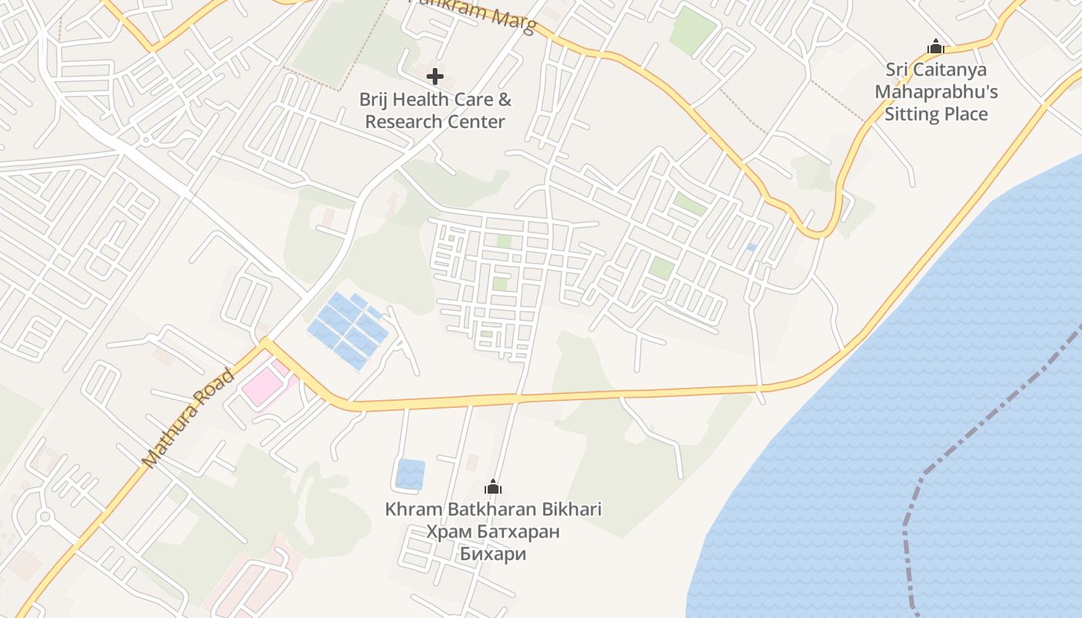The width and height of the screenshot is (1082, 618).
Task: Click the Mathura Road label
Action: click(189, 419)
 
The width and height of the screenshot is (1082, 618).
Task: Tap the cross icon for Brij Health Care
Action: click(435, 76)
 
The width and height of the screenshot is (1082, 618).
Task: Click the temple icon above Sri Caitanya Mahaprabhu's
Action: click(936, 47)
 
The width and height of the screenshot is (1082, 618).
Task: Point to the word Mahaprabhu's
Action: click(936, 92)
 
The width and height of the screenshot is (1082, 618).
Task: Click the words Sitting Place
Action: click(936, 114)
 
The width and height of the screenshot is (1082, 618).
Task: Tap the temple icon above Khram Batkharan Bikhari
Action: click(492, 487)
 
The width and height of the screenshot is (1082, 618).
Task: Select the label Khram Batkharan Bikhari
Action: click(493, 509)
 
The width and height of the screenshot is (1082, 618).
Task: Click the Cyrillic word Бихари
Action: click(493, 554)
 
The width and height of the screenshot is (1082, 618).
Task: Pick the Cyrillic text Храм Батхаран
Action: click(493, 531)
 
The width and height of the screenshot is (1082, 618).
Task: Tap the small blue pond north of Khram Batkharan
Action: click(410, 474)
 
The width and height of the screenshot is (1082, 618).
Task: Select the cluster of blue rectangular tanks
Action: click(347, 328)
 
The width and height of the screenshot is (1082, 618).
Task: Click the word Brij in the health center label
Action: click(376, 100)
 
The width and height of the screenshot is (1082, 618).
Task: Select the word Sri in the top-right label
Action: click(896, 70)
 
